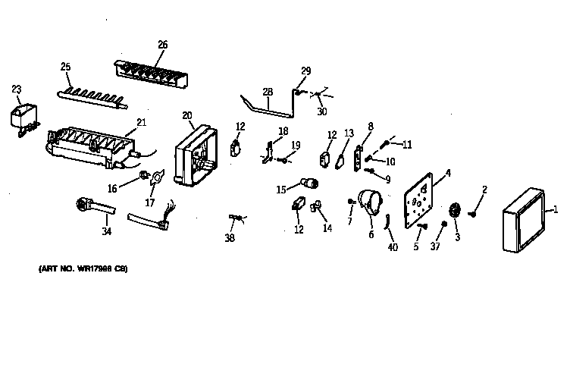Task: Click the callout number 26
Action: click(162, 44)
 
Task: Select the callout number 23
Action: click(17, 89)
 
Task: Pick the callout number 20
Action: click(187, 115)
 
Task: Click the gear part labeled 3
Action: click(456, 214)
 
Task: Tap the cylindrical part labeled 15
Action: click(309, 182)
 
